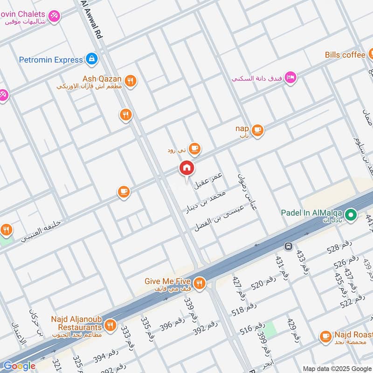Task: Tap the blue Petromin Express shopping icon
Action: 92,59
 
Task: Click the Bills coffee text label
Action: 345,55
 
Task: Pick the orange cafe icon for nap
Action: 257,130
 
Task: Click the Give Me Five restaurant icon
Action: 200,283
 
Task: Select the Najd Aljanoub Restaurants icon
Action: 111,325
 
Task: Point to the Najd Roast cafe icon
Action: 325,336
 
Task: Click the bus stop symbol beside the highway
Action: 289,246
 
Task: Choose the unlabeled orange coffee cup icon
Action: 124,192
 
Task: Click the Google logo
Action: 19,366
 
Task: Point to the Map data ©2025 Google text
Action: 337,368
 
